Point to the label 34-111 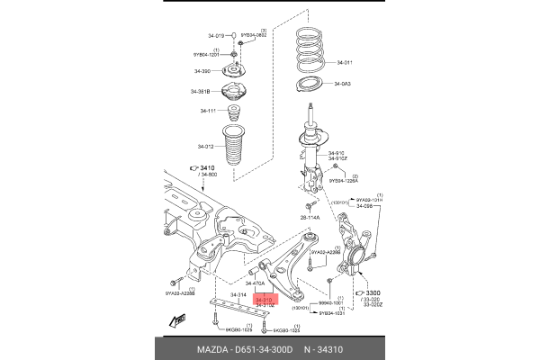click(x=206, y=111)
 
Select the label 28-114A click(x=310, y=218)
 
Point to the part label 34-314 click(x=238, y=294)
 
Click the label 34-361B click(x=200, y=91)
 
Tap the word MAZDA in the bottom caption click(x=212, y=348)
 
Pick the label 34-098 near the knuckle click(x=363, y=206)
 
